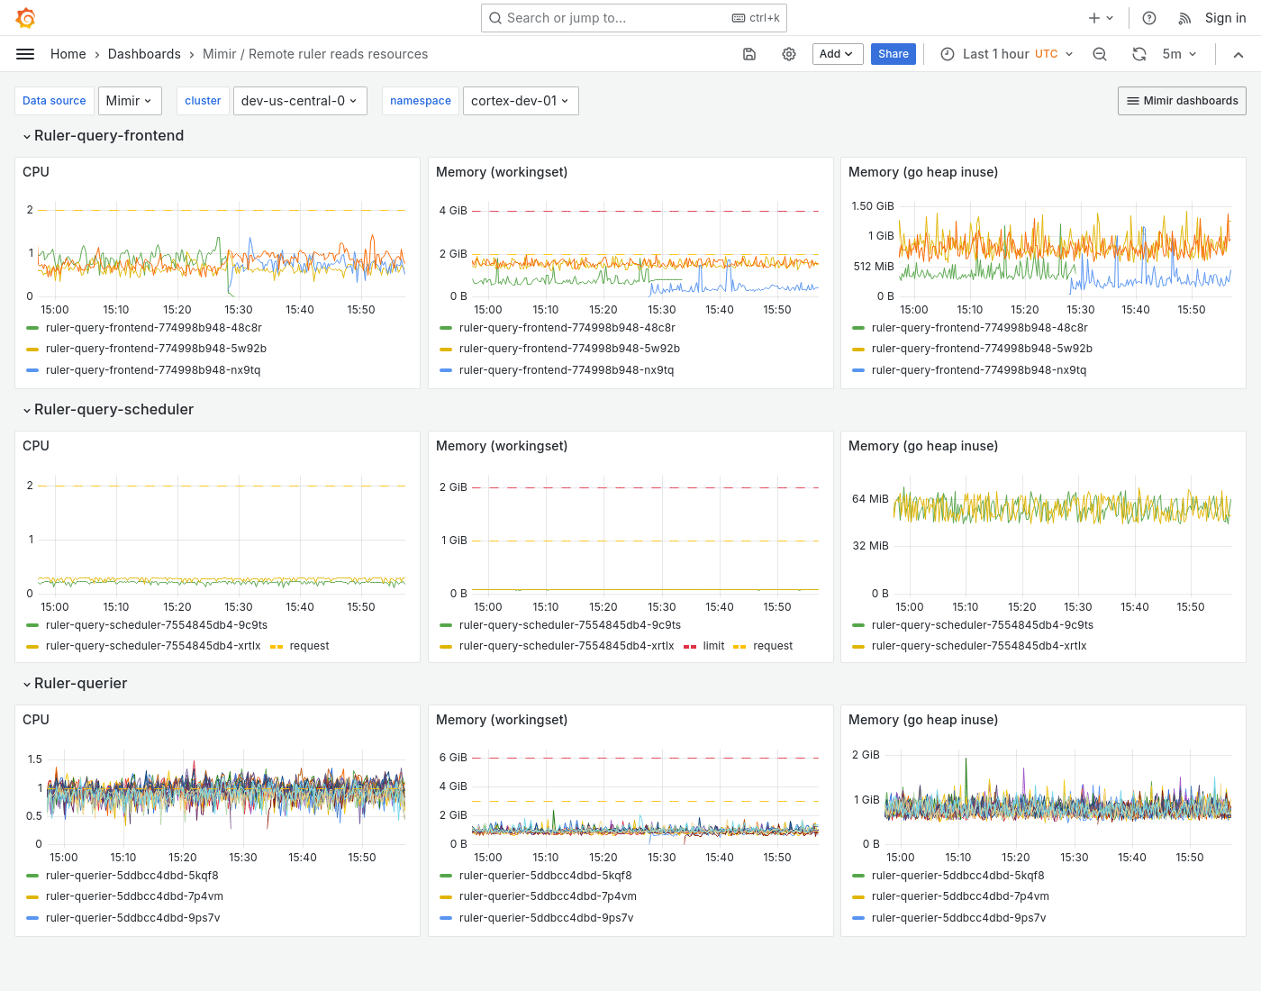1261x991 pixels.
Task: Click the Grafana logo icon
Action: point(26,18)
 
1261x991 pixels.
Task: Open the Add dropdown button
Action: point(837,54)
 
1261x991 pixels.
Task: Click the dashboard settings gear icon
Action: point(789,54)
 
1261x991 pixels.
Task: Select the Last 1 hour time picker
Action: point(1006,54)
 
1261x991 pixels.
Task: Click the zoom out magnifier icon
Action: point(1100,54)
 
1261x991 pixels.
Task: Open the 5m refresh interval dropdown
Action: point(1179,54)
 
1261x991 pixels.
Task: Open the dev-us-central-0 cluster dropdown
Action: point(299,101)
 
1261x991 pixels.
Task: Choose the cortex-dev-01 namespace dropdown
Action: point(520,101)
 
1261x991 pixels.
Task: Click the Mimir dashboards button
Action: point(1182,101)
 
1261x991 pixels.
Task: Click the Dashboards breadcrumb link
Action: point(144,54)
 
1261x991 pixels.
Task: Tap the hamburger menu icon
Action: point(25,54)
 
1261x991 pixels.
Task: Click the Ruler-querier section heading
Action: point(80,683)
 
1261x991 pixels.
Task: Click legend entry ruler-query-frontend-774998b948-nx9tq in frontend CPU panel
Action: point(152,370)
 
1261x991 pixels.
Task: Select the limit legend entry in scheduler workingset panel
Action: point(713,646)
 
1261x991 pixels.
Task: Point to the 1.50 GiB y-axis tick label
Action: point(872,206)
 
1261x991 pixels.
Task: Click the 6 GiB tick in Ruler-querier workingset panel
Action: point(453,758)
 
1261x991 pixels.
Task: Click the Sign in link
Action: point(1225,18)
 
